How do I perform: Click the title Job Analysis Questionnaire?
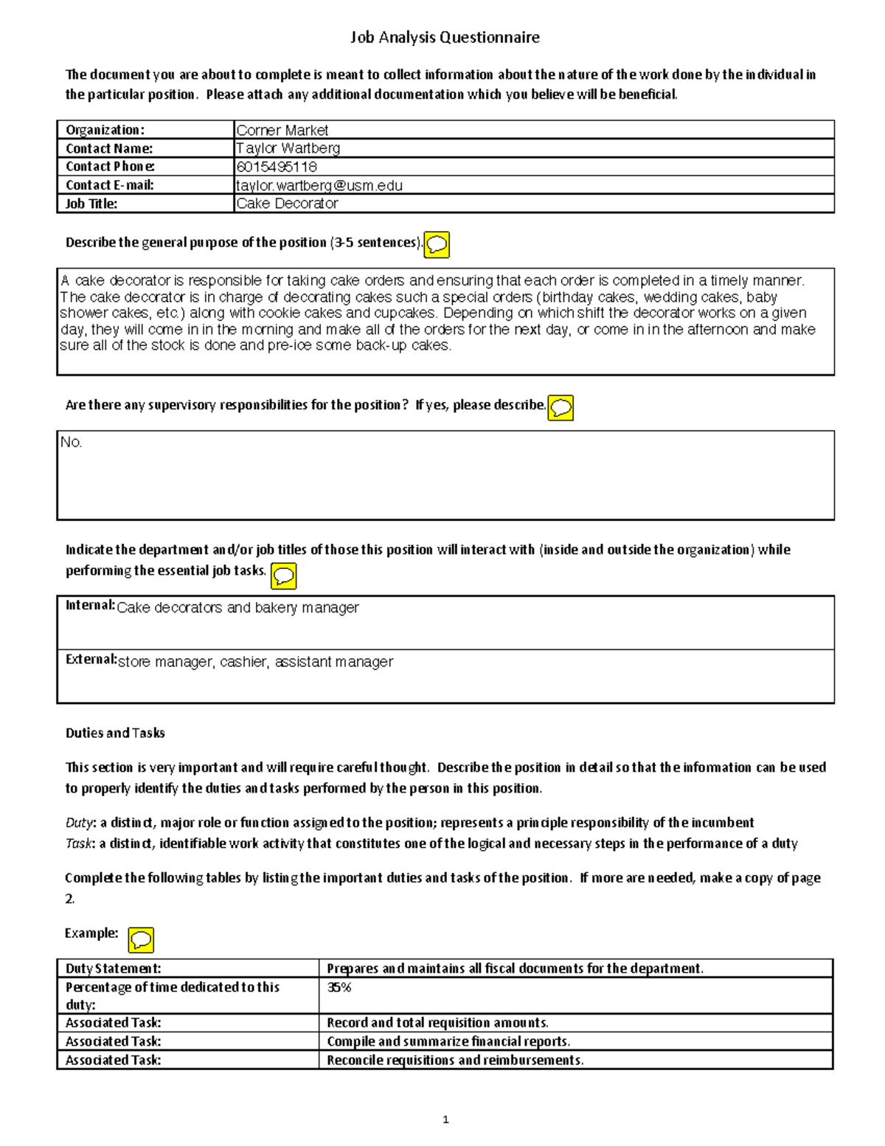point(444,37)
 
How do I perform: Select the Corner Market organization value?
point(282,131)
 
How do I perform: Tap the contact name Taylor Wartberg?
point(288,148)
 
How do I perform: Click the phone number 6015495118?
point(276,167)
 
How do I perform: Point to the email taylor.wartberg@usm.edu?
point(319,185)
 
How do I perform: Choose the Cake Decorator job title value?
point(286,204)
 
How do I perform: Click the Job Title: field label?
point(91,204)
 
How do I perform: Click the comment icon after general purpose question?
point(437,244)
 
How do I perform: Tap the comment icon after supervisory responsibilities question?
point(561,407)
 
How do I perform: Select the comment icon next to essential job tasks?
point(284,576)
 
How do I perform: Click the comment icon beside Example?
point(141,940)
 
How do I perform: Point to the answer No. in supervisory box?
point(71,443)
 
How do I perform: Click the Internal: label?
point(90,606)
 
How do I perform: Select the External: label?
point(91,660)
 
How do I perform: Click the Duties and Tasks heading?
point(115,733)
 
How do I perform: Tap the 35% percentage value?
point(339,987)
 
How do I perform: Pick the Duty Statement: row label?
point(113,968)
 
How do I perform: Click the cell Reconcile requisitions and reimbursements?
point(454,1060)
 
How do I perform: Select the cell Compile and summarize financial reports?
point(448,1041)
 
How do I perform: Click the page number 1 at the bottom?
point(445,1119)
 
